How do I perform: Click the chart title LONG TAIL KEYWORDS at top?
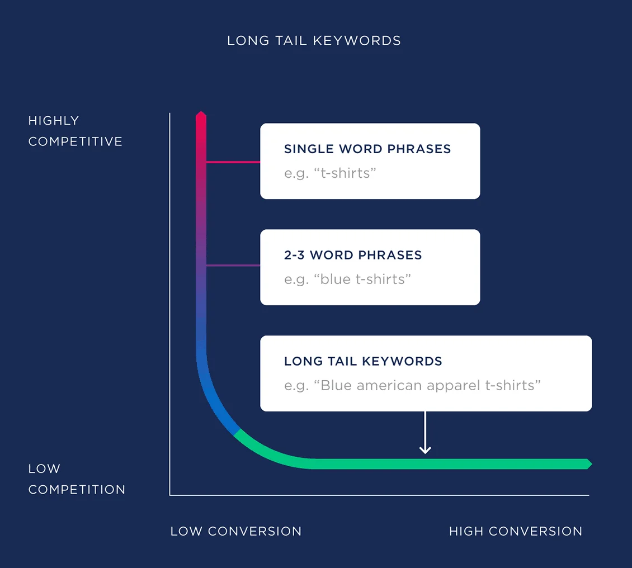click(x=314, y=41)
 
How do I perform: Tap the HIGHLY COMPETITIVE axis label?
click(x=75, y=131)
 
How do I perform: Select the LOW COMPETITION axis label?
click(x=77, y=479)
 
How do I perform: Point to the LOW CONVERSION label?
click(x=235, y=531)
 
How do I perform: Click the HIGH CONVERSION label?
click(x=515, y=531)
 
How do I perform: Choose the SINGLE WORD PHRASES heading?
click(x=367, y=149)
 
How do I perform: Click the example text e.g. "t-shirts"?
click(x=330, y=173)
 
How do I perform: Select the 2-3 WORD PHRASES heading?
click(x=352, y=255)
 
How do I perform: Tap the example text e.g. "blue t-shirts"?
click(x=347, y=280)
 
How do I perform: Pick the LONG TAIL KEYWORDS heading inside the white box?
click(x=363, y=362)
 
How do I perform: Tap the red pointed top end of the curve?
click(x=201, y=115)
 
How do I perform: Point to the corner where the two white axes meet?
click(x=170, y=495)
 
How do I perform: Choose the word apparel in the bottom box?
click(x=451, y=386)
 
